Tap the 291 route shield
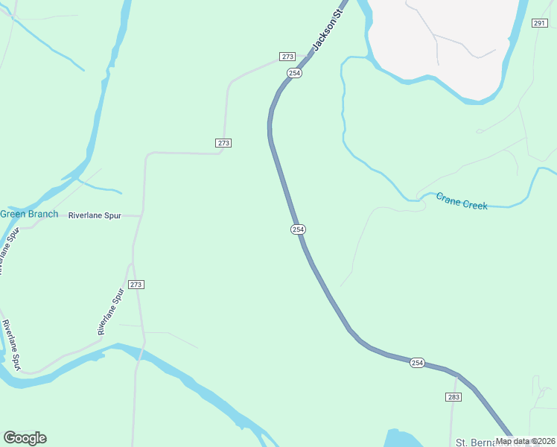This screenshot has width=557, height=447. pos(540,24)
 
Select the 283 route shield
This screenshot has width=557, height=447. pos(454,397)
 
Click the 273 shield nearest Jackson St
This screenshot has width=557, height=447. pos(288,57)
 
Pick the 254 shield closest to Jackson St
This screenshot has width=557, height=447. pos(295,73)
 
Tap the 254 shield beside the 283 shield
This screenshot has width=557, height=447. pos(417,363)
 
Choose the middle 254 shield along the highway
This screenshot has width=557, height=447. pos(298,229)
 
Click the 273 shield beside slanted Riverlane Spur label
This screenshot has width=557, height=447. pos(136,285)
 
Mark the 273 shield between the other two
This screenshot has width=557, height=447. pos(224,143)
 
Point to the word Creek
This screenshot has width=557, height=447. pos(475,204)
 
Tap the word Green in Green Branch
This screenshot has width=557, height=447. pos(13,215)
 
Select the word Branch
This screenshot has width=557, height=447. pos(43,215)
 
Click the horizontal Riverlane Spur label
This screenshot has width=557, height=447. pos(95,215)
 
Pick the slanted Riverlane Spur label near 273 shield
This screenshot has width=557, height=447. pos(110,311)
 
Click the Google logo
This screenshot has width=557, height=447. pos(25,438)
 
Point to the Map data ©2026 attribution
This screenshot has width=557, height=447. pos(526,441)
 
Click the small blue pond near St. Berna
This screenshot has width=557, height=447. pos(402,439)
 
